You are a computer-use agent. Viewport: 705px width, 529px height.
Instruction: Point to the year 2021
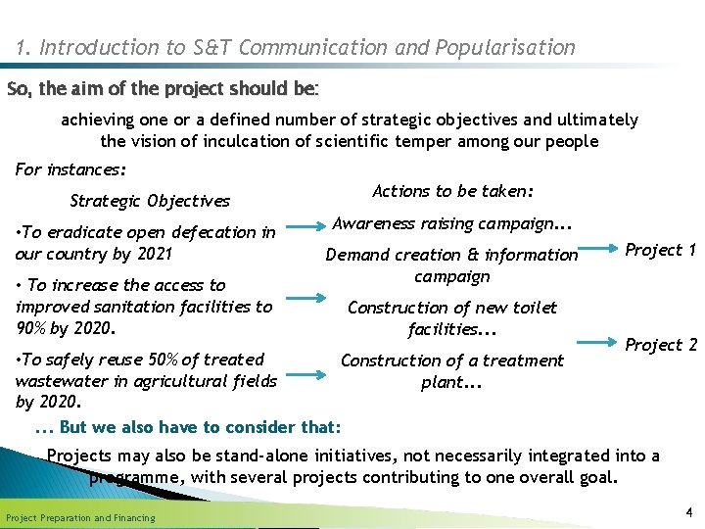coord(153,254)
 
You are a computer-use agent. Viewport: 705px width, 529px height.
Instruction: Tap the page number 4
coord(689,511)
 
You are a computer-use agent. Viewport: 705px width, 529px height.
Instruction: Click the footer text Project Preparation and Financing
coord(80,517)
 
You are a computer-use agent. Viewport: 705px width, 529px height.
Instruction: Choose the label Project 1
coord(660,250)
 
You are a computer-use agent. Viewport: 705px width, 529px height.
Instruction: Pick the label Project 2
coord(660,345)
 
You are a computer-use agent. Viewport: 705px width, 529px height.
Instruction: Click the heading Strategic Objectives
coord(150,201)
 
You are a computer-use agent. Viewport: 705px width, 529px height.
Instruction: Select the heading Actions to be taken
coord(452,191)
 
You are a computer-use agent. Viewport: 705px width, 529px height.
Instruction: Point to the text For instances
coord(70,169)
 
